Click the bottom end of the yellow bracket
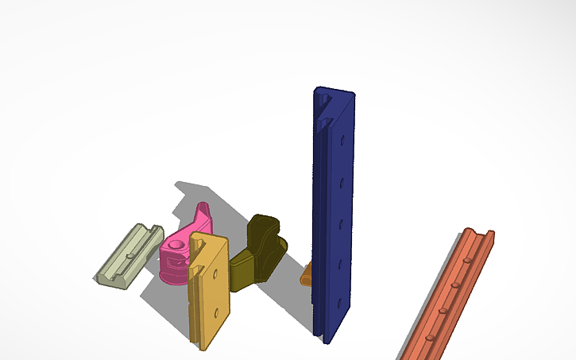[x=203, y=345]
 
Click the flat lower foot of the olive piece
[x=243, y=274]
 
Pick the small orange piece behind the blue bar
[x=306, y=276]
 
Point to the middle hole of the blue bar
[x=342, y=222]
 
